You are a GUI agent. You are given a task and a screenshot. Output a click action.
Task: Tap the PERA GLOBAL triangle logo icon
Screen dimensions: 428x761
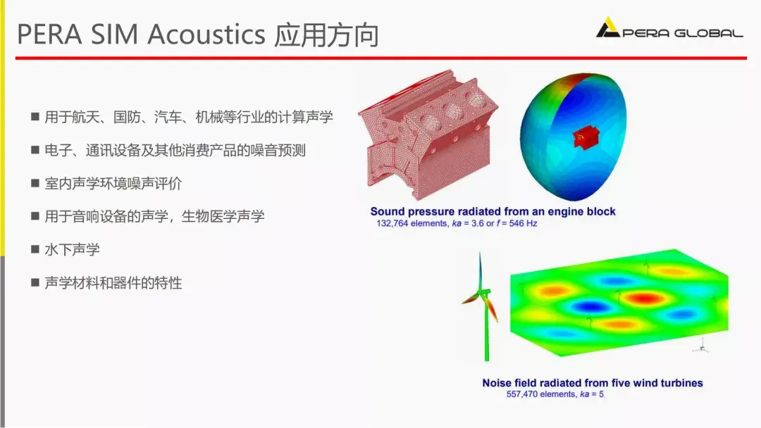(607, 29)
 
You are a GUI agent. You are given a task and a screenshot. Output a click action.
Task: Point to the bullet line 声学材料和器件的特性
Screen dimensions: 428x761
(113, 283)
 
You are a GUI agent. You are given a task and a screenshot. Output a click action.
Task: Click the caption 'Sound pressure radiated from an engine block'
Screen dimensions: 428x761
(493, 211)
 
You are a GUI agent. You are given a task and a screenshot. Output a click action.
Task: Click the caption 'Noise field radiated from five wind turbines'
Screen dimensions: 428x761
(592, 383)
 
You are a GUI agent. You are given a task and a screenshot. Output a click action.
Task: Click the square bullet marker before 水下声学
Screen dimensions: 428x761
(35, 250)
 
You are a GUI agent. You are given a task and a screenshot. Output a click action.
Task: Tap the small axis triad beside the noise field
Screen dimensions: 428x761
(700, 346)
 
